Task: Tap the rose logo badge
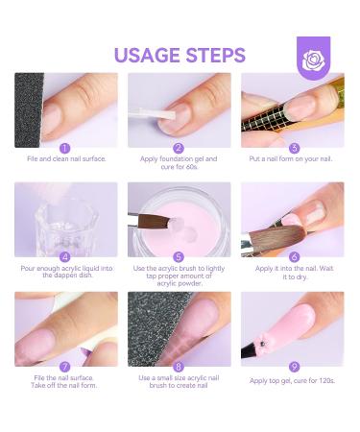[313, 59]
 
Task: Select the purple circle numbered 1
[65, 148]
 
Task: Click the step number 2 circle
[180, 148]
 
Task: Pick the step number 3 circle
[294, 148]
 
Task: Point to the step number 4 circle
[65, 257]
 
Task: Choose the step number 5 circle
[180, 257]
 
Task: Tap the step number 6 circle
[294, 257]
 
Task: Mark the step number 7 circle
[65, 367]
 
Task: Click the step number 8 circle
[180, 367]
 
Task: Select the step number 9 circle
[294, 367]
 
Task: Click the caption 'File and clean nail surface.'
[65, 159]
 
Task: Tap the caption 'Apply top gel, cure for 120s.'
[293, 380]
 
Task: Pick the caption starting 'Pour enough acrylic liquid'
[65, 274]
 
